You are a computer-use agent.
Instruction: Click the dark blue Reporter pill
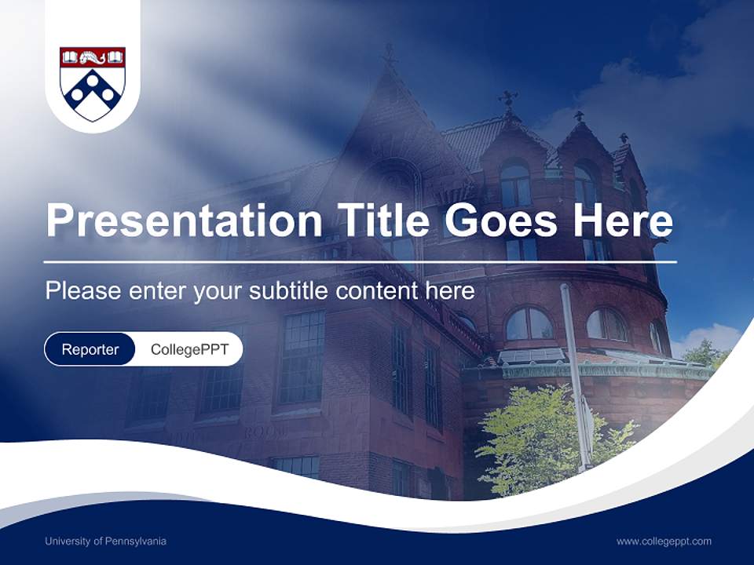click(x=90, y=349)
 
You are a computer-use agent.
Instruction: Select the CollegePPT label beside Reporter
click(x=189, y=349)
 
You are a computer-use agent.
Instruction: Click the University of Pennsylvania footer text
click(x=105, y=541)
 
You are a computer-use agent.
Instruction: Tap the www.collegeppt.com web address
click(x=664, y=541)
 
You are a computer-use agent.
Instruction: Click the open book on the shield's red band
click(x=70, y=56)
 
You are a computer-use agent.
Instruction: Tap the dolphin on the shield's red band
click(x=93, y=56)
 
